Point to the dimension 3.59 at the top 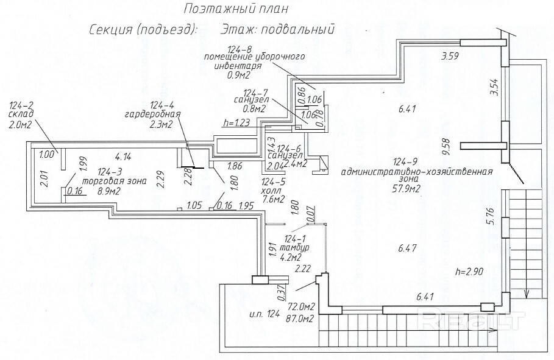(449, 57)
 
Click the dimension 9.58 (447, 146)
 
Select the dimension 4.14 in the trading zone (124, 155)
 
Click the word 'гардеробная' (150, 114)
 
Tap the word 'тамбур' (298, 248)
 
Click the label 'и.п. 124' (263, 314)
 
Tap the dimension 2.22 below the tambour (303, 267)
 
